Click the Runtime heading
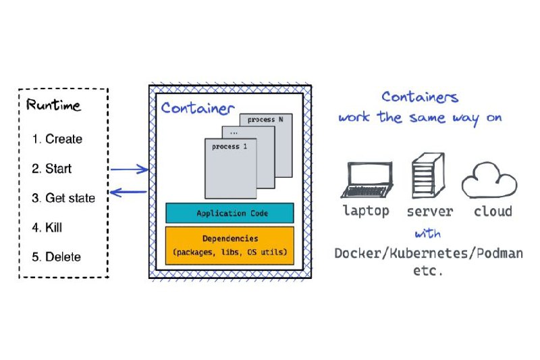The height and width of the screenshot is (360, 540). tap(53, 105)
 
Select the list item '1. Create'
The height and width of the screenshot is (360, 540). tap(57, 139)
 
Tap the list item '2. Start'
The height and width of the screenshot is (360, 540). tap(52, 168)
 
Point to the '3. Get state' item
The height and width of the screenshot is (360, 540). tap(63, 198)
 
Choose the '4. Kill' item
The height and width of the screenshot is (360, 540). tap(47, 228)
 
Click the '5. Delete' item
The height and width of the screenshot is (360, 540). tap(57, 257)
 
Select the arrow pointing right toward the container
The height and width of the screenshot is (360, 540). tap(129, 169)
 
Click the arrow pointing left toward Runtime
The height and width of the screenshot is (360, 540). tap(128, 192)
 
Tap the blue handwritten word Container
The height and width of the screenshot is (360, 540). tap(198, 108)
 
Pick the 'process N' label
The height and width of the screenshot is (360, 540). tap(265, 120)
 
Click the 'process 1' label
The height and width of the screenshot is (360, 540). tap(230, 147)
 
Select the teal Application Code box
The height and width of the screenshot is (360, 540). tap(230, 213)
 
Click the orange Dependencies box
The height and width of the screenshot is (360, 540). tap(230, 246)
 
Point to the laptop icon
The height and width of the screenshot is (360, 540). tap(367, 180)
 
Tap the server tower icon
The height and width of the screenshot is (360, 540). tap(429, 176)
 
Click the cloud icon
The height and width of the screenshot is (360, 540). tap(489, 180)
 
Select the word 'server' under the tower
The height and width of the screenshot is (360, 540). tap(430, 211)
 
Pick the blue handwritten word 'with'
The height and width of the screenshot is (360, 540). tap(428, 234)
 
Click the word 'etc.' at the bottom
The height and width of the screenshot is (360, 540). tap(428, 271)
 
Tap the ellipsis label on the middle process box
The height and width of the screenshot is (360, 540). tap(234, 132)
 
